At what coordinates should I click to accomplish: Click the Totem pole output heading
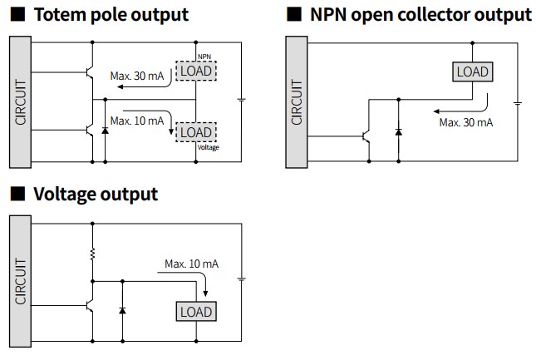pyautogui.click(x=111, y=15)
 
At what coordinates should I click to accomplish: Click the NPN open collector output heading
pyautogui.click(x=420, y=15)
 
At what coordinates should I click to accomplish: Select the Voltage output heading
pyautogui.click(x=96, y=195)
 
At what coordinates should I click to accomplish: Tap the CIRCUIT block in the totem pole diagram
pyautogui.click(x=21, y=102)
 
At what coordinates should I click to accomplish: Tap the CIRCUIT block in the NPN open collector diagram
pyautogui.click(x=297, y=102)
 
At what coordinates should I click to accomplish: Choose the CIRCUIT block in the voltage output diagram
pyautogui.click(x=21, y=281)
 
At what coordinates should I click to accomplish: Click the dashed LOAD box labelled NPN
pyautogui.click(x=196, y=72)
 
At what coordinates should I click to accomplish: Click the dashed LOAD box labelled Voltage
pyautogui.click(x=196, y=132)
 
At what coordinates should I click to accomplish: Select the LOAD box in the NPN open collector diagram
pyautogui.click(x=473, y=72)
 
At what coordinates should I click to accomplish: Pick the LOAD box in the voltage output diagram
pyautogui.click(x=196, y=312)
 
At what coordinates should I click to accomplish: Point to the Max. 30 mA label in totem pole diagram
pyautogui.click(x=137, y=76)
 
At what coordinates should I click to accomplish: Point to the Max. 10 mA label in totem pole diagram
pyautogui.click(x=137, y=121)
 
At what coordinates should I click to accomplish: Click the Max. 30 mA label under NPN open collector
pyautogui.click(x=466, y=122)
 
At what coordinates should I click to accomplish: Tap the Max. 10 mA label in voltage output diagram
pyautogui.click(x=191, y=264)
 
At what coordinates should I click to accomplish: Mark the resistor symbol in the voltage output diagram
pyautogui.click(x=92, y=254)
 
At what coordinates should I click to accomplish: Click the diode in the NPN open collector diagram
pyautogui.click(x=399, y=131)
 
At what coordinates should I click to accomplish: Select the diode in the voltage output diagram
pyautogui.click(x=122, y=310)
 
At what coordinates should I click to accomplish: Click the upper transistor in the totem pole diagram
pyautogui.click(x=90, y=72)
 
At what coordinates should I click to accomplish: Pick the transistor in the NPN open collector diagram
pyautogui.click(x=366, y=136)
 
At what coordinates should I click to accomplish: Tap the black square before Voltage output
pyautogui.click(x=17, y=194)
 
